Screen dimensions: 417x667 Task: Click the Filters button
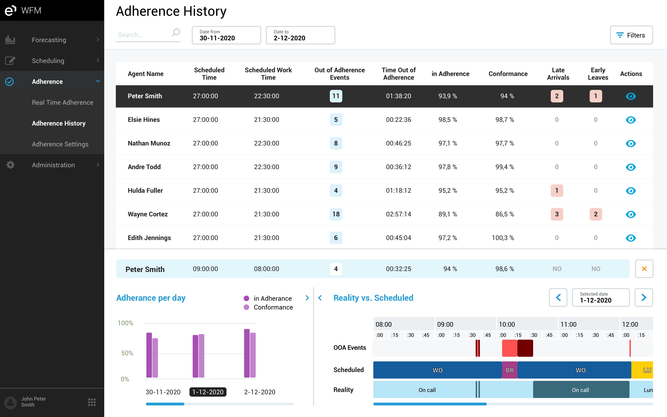631,35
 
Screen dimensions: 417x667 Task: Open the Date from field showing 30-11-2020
226,35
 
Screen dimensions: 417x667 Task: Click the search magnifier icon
176,32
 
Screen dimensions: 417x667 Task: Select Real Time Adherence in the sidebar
63,102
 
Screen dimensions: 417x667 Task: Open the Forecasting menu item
49,40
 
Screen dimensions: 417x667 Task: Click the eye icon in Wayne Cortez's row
631,214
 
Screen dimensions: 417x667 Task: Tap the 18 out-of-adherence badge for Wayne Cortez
336,214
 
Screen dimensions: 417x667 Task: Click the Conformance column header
508,74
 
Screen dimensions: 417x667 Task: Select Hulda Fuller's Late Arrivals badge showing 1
557,191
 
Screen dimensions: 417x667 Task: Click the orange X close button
644,269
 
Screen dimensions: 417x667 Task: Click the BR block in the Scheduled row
509,370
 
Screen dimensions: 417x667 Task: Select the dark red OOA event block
525,348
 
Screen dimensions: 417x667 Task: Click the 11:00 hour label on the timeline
568,324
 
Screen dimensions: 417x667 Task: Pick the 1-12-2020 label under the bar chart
208,392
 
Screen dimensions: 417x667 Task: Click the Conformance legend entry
273,307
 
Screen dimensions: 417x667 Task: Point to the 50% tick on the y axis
127,353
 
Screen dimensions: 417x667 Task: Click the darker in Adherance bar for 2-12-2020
247,353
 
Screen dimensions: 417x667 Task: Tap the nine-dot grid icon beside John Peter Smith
91,402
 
